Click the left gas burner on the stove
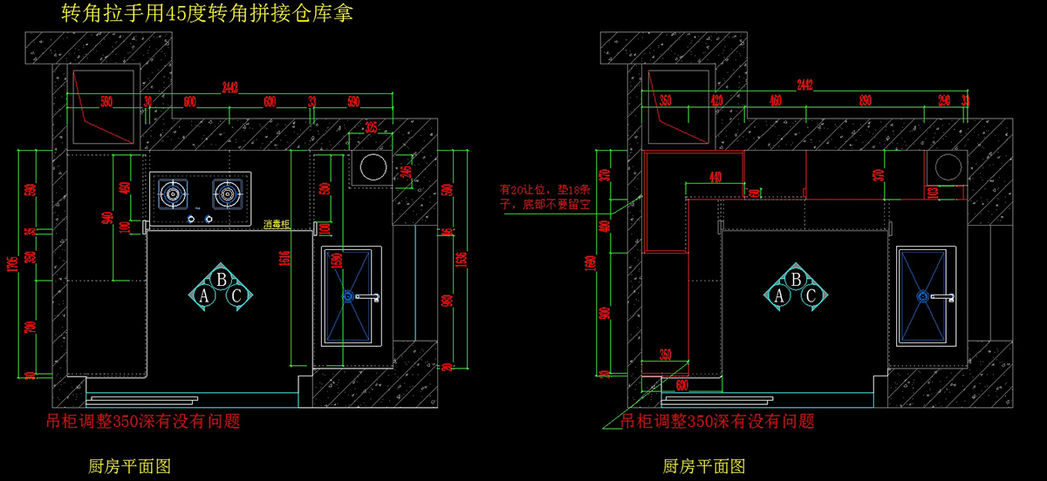[173, 194]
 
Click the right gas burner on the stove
[228, 194]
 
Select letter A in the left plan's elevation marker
[205, 296]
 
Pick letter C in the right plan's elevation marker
[811, 296]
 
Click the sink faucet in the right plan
[941, 297]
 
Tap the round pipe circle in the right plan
[947, 166]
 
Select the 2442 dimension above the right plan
[804, 85]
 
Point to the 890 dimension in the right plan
[865, 101]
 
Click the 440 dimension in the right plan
[715, 178]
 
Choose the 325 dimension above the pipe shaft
[371, 127]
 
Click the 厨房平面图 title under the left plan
[130, 466]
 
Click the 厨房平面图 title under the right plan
[704, 466]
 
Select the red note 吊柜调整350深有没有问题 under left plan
[143, 422]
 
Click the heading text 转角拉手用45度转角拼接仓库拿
[208, 15]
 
